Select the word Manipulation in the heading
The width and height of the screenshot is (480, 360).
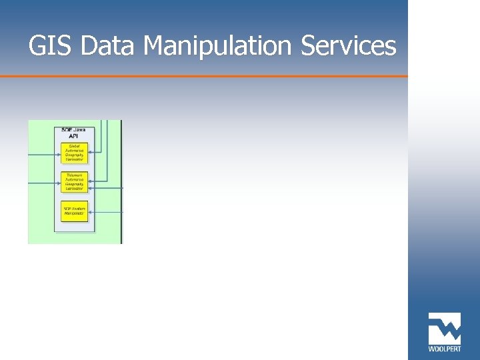[220, 47]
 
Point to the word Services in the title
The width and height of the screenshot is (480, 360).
[349, 47]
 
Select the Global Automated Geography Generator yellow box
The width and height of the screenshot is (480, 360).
[74, 153]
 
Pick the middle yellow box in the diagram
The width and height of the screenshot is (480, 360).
[74, 181]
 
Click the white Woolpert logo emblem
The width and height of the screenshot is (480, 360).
[444, 328]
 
